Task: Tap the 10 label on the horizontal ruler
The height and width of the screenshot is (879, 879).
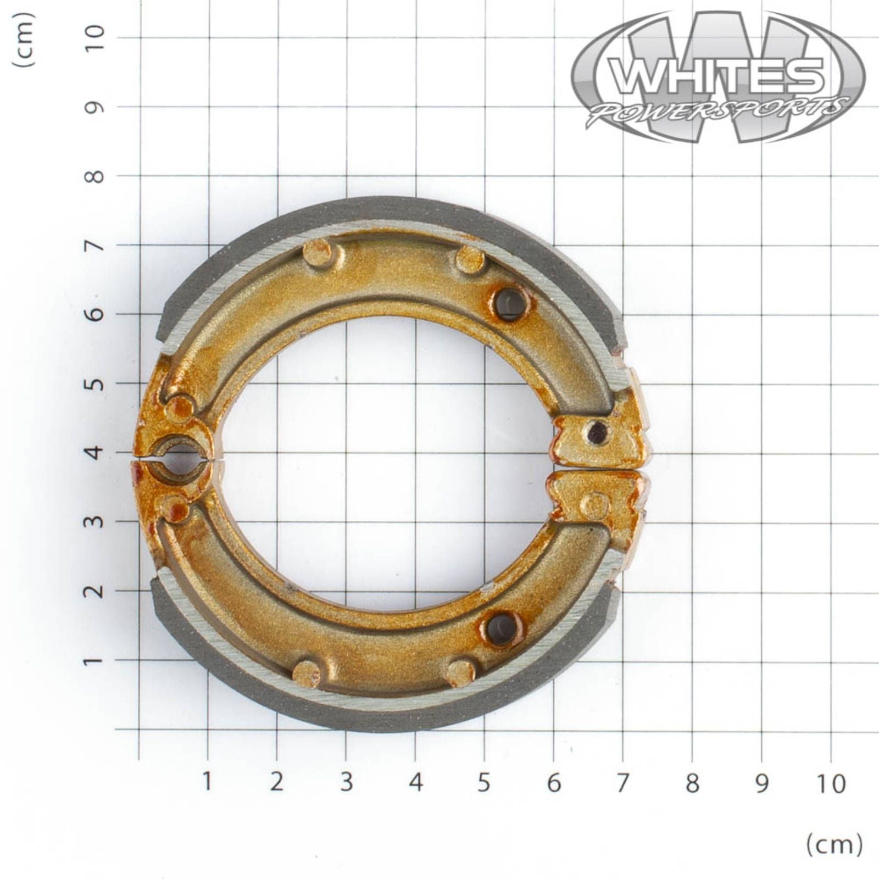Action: coord(831,783)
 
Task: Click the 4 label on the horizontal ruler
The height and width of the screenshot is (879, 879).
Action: coord(415,783)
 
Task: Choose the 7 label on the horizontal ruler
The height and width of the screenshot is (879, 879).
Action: coord(622,783)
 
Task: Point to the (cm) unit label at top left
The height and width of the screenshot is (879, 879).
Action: coord(24,40)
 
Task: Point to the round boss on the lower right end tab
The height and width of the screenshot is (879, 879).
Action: coord(594,504)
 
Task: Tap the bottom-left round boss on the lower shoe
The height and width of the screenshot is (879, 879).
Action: coord(306,672)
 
